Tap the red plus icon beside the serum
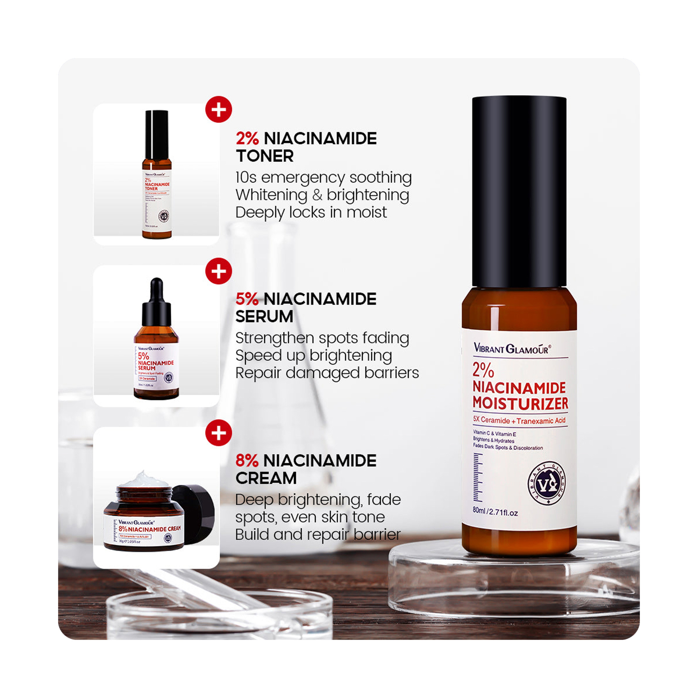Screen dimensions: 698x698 click(x=218, y=271)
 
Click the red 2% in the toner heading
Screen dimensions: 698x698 click(x=247, y=139)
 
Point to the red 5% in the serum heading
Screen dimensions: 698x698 click(x=247, y=299)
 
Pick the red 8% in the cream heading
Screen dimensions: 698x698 click(x=247, y=461)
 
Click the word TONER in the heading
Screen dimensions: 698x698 click(x=265, y=156)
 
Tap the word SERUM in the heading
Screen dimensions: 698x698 click(x=264, y=316)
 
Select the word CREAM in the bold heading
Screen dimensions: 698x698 click(x=266, y=478)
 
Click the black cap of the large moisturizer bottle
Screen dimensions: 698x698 click(x=519, y=191)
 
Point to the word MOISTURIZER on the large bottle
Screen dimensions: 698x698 click(x=520, y=403)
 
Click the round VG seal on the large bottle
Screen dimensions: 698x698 click(x=547, y=483)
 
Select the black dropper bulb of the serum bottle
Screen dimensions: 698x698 click(x=157, y=289)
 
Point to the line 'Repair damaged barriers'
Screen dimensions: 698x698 click(x=327, y=373)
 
